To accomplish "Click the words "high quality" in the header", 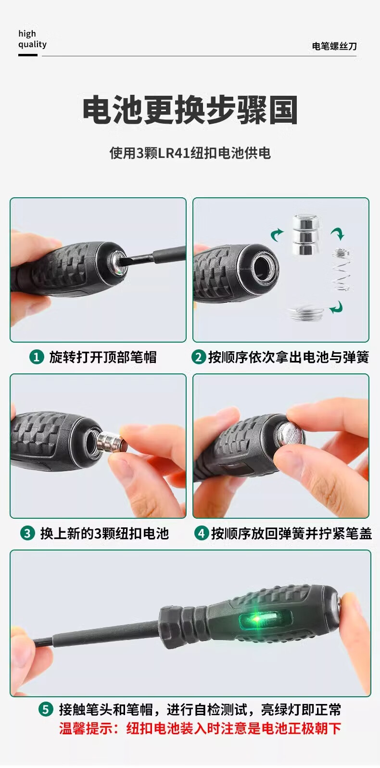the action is tap(32, 39).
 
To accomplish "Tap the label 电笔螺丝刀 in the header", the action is tap(334, 46).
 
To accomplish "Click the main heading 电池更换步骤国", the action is tap(190, 110).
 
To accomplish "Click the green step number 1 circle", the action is tap(37, 357).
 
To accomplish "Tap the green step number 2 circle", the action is tap(198, 357).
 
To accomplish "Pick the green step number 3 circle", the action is tap(27, 534).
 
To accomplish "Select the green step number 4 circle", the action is tap(202, 534).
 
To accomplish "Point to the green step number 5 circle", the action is tap(46, 709).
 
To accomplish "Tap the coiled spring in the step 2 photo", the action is tap(341, 269).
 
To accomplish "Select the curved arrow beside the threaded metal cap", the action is tap(337, 307).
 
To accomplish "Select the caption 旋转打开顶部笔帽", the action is tap(103, 357).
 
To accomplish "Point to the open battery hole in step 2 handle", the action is tap(263, 269).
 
